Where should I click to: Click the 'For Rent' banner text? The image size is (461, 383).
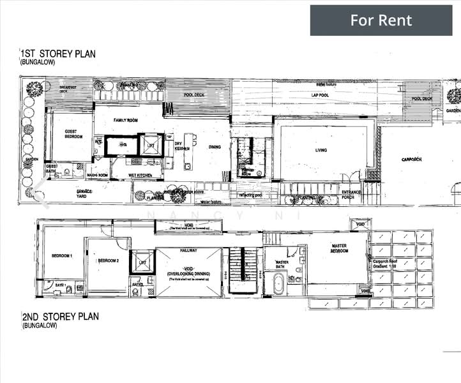click(381, 20)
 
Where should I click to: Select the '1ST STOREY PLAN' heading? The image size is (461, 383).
click(58, 54)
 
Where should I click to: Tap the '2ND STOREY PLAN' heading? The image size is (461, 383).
click(61, 317)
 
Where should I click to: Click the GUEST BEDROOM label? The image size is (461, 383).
click(74, 135)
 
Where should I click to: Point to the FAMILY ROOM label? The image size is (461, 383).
click(126, 120)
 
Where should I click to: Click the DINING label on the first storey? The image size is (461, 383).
click(215, 147)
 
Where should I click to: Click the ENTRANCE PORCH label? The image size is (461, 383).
click(351, 194)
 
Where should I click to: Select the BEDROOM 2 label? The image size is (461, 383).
click(107, 260)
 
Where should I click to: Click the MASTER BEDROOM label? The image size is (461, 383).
click(338, 248)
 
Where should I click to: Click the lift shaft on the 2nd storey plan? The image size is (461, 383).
click(140, 262)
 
